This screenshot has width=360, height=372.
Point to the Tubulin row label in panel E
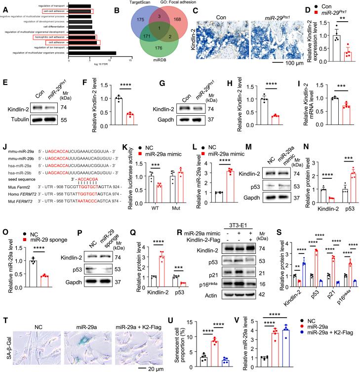click(17, 120)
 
